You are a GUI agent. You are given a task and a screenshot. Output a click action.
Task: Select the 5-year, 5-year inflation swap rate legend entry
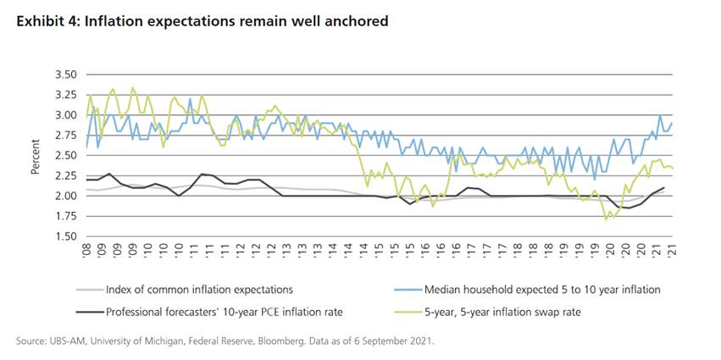499,312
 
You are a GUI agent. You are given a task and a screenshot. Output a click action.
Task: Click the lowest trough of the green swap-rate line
605,219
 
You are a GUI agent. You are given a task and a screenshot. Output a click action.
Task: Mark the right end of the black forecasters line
663,188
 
